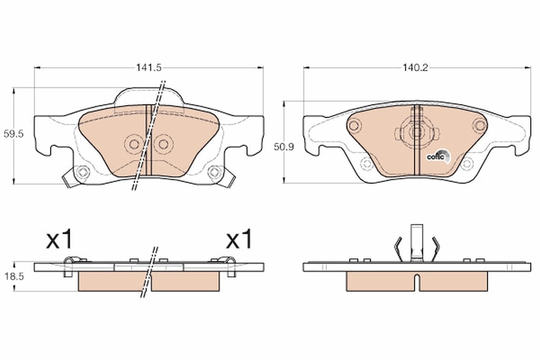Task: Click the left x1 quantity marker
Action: (x=59, y=241)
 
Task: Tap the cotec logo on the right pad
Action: (x=436, y=156)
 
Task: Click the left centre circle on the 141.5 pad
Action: (x=133, y=144)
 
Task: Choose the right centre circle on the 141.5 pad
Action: (x=163, y=144)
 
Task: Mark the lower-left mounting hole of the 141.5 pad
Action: (x=81, y=171)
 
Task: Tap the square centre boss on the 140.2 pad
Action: (x=416, y=132)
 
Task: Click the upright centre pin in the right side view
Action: (x=417, y=243)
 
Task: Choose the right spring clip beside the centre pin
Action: (x=435, y=248)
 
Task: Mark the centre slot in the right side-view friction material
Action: (x=417, y=282)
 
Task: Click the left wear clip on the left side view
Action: (x=70, y=265)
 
